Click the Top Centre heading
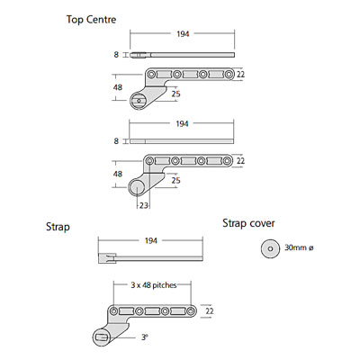91,20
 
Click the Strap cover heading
248,223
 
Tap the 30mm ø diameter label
299,248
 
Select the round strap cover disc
270,248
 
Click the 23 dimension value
144,205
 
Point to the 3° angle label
145,337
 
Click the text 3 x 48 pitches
154,285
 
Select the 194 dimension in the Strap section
151,240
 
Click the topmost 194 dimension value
183,34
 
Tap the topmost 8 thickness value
116,55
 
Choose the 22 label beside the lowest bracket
210,311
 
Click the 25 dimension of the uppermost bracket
175,94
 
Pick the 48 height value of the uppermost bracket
118,87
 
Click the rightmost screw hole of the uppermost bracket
229,74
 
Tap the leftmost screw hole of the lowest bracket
113,311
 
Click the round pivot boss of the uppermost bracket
139,101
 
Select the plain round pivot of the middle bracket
137,186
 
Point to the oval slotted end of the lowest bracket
102,337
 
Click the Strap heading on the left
58,227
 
